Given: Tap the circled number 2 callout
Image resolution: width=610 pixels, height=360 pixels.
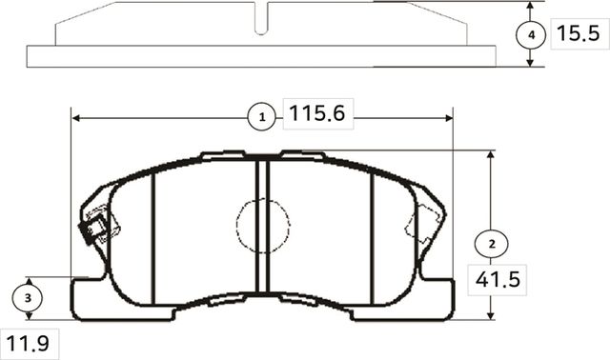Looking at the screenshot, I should [x=491, y=244].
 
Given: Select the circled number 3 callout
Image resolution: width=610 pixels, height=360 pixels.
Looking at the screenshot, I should [x=30, y=297].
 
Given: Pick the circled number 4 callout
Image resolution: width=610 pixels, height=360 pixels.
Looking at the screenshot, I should [x=531, y=34].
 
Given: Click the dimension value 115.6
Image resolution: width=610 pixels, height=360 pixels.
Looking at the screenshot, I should [x=315, y=115].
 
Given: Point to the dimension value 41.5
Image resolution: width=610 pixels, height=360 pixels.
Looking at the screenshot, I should [x=495, y=281].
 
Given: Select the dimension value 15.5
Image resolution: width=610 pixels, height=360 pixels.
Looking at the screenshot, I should [x=576, y=35].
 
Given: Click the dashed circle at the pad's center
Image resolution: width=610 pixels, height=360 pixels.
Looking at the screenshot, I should [x=263, y=227].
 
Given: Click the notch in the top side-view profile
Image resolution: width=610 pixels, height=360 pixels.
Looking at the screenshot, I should [x=263, y=16].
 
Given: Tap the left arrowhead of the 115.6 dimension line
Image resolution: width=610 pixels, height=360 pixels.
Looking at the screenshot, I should [x=77, y=117].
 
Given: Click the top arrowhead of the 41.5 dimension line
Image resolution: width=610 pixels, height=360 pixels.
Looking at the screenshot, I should [x=491, y=154].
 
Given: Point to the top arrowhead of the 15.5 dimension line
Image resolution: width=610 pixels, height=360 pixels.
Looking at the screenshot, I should [x=531, y=6].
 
